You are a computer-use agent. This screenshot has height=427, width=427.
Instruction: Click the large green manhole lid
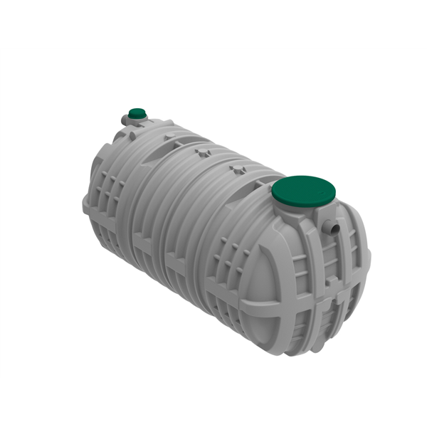(304, 190)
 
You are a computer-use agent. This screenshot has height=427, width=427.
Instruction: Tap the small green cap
(137, 112)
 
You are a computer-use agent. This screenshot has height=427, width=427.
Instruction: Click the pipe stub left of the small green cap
(124, 121)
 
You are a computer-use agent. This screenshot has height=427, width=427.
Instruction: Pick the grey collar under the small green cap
(137, 120)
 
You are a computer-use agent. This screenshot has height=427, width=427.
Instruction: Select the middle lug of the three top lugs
(204, 151)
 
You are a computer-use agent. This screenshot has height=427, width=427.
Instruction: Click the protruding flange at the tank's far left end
(87, 206)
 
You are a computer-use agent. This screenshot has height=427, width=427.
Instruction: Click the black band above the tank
(213, 23)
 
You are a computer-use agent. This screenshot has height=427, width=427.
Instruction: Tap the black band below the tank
(213, 402)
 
